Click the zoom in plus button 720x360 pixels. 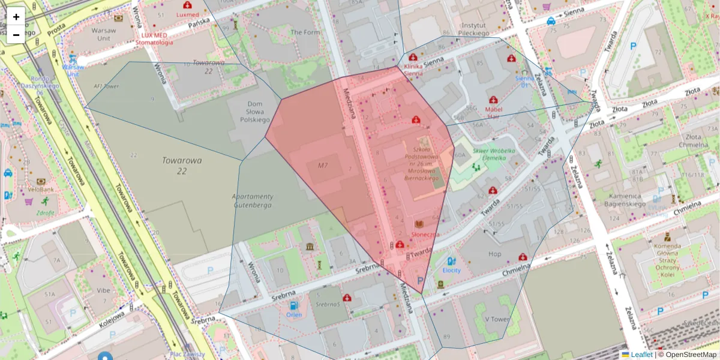click(16, 17)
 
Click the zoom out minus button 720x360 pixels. click(16, 35)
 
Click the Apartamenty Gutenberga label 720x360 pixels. click(252, 200)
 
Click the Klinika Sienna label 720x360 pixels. click(413, 69)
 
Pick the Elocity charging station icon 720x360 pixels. click(451, 262)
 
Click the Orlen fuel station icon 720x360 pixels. click(293, 305)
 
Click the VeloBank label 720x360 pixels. click(40, 190)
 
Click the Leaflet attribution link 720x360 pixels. click(641, 355)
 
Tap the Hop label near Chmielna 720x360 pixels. click(494, 254)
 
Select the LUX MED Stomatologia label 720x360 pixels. click(154, 38)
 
